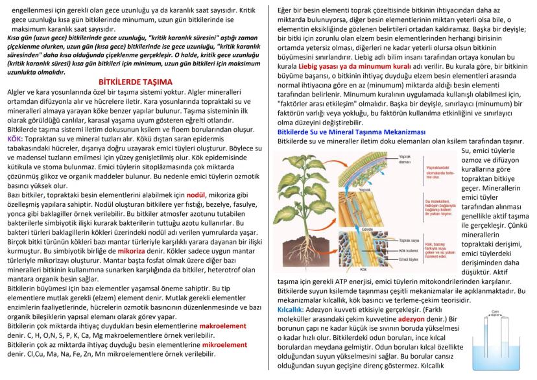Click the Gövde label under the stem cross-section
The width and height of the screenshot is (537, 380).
385,230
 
